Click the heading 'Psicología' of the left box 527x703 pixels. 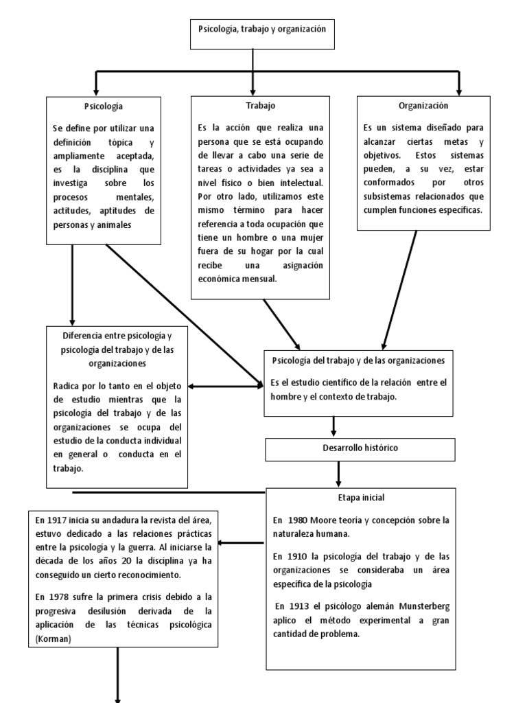coord(104,106)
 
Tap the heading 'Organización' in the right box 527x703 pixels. coord(423,106)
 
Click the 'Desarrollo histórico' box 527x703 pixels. coord(360,448)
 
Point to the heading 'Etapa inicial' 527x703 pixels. coord(360,498)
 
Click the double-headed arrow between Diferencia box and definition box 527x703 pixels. coord(226,386)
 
